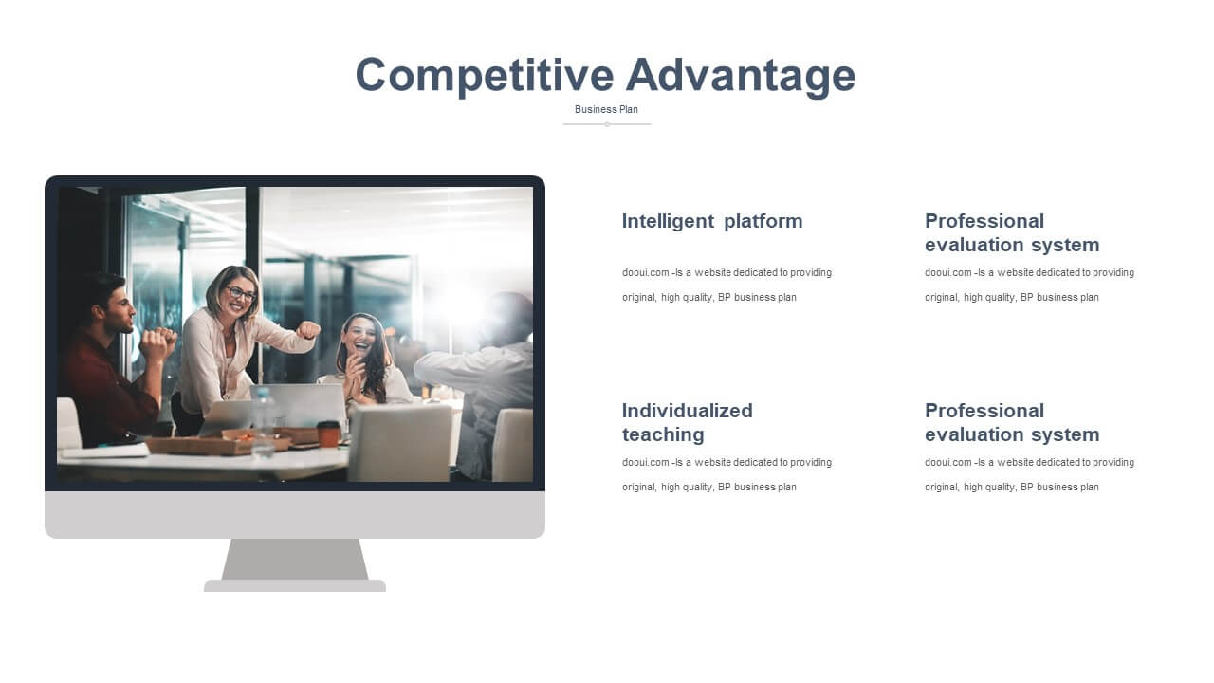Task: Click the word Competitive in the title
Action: pyautogui.click(x=484, y=76)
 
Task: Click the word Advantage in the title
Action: pyautogui.click(x=741, y=76)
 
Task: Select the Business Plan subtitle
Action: pyautogui.click(x=606, y=109)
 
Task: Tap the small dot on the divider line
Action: pyautogui.click(x=607, y=124)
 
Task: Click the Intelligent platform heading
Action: pyautogui.click(x=712, y=221)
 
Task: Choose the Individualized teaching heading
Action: pyautogui.click(x=688, y=422)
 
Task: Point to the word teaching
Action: pyautogui.click(x=663, y=434)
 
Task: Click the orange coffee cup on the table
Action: pyautogui.click(x=328, y=434)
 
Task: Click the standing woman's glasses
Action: pyautogui.click(x=240, y=293)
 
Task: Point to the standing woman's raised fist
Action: pyautogui.click(x=308, y=330)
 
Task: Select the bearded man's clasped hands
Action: pyautogui.click(x=157, y=343)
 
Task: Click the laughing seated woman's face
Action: pyautogui.click(x=359, y=335)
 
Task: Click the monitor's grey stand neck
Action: pyautogui.click(x=295, y=560)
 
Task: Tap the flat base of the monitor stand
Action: pyautogui.click(x=295, y=586)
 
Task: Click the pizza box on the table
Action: pyautogui.click(x=217, y=443)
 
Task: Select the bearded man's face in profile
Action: pyautogui.click(x=120, y=309)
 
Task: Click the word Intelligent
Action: pyautogui.click(x=668, y=221)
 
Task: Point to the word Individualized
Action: pyautogui.click(x=688, y=411)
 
